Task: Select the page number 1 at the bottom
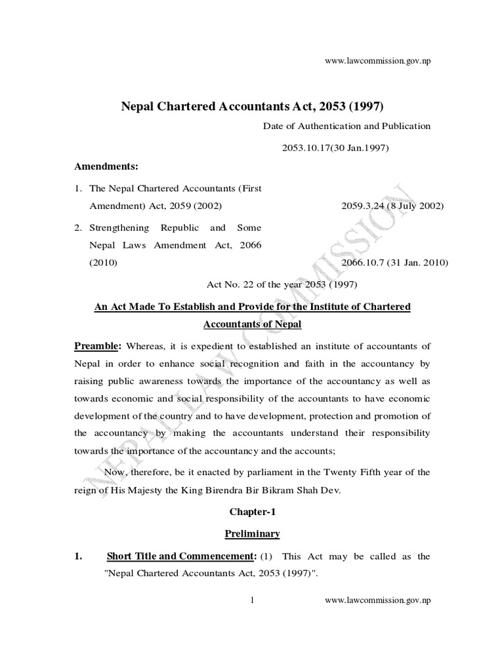[252, 600]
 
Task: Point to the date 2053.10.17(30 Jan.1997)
[336, 147]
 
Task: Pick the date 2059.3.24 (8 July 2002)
[392, 206]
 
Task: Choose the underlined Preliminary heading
[251, 534]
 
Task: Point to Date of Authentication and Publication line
[346, 126]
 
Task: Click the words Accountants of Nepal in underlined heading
[251, 324]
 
